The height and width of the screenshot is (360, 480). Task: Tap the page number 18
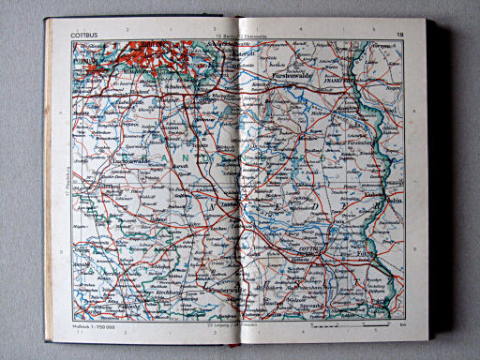coord(400,36)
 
